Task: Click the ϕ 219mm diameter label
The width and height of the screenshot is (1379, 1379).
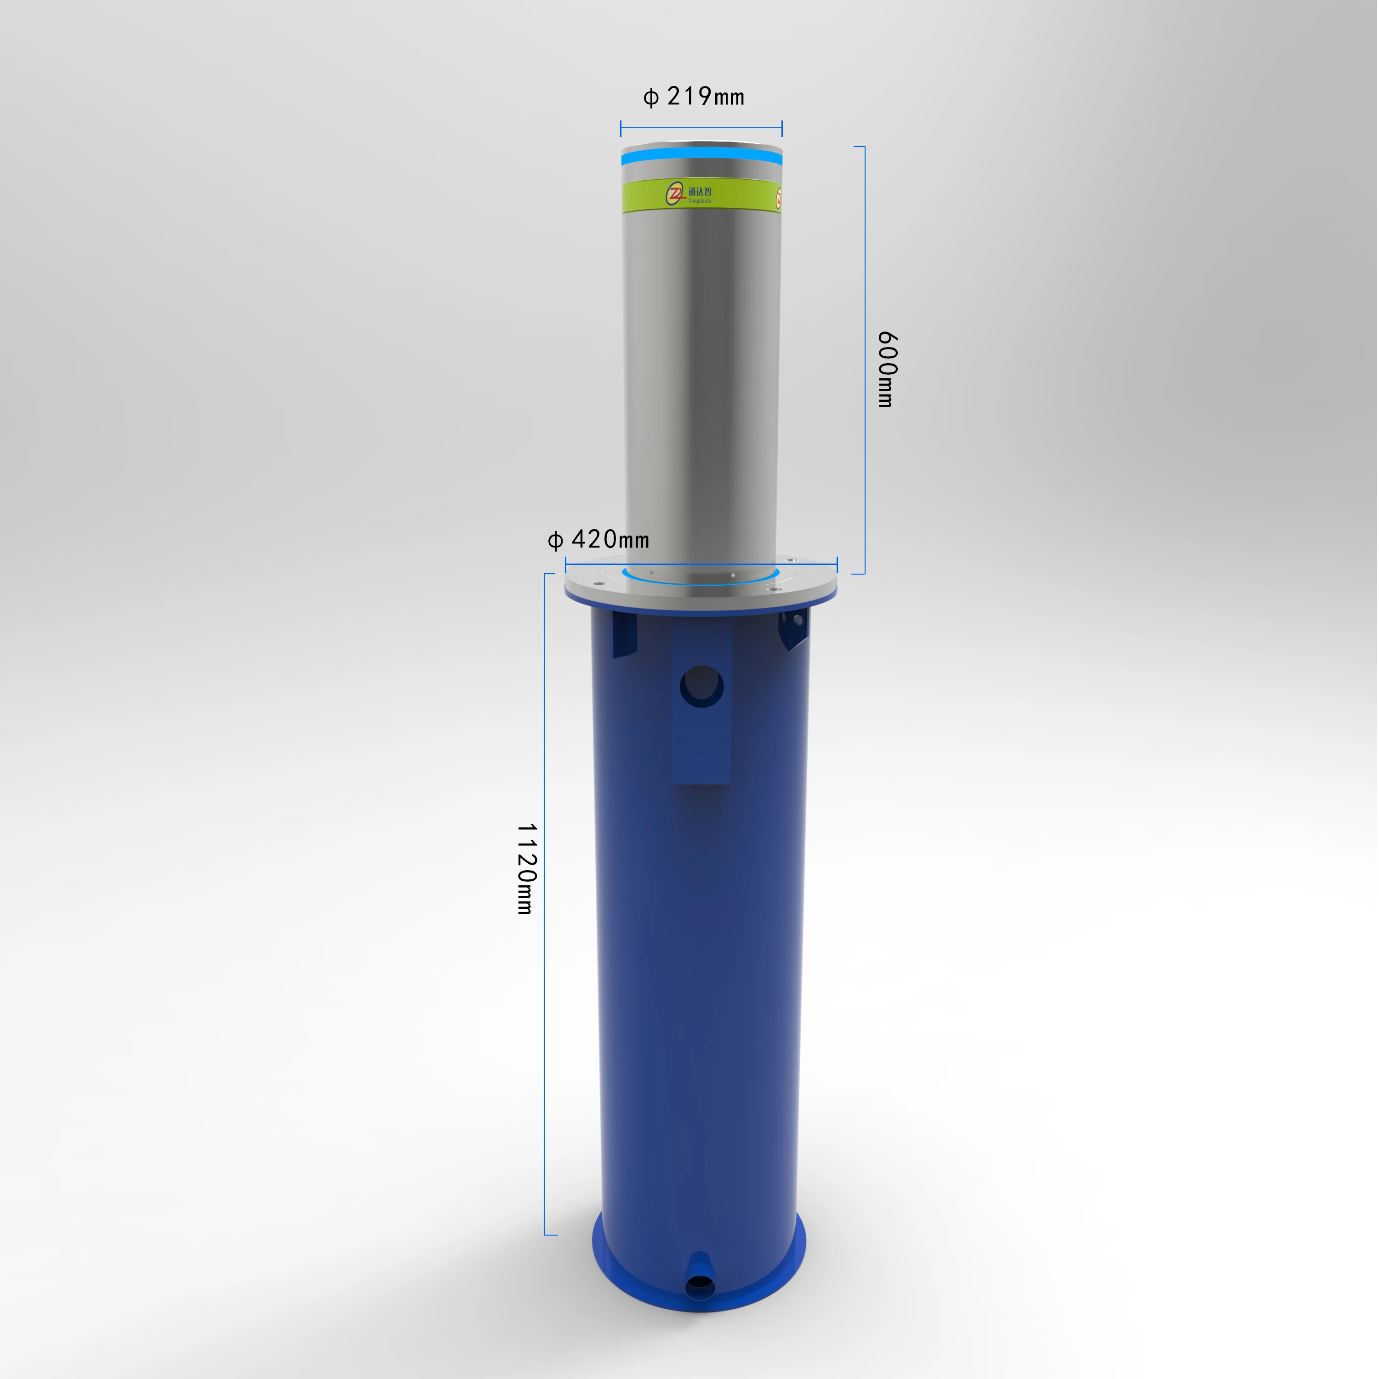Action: click(x=694, y=97)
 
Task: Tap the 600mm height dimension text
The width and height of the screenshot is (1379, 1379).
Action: click(x=887, y=369)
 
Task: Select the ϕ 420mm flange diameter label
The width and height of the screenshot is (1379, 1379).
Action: click(x=598, y=540)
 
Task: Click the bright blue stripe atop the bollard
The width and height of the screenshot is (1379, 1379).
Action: click(x=701, y=157)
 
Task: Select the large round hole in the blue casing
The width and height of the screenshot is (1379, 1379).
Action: click(x=701, y=686)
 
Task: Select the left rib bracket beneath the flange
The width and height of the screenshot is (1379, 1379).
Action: click(x=623, y=634)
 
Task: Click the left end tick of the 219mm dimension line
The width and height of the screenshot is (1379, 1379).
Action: click(x=621, y=129)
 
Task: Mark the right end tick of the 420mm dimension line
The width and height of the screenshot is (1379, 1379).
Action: click(x=837, y=564)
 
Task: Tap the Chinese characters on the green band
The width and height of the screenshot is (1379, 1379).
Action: click(x=700, y=191)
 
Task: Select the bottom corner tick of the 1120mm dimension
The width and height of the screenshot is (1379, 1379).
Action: click(x=550, y=1234)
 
